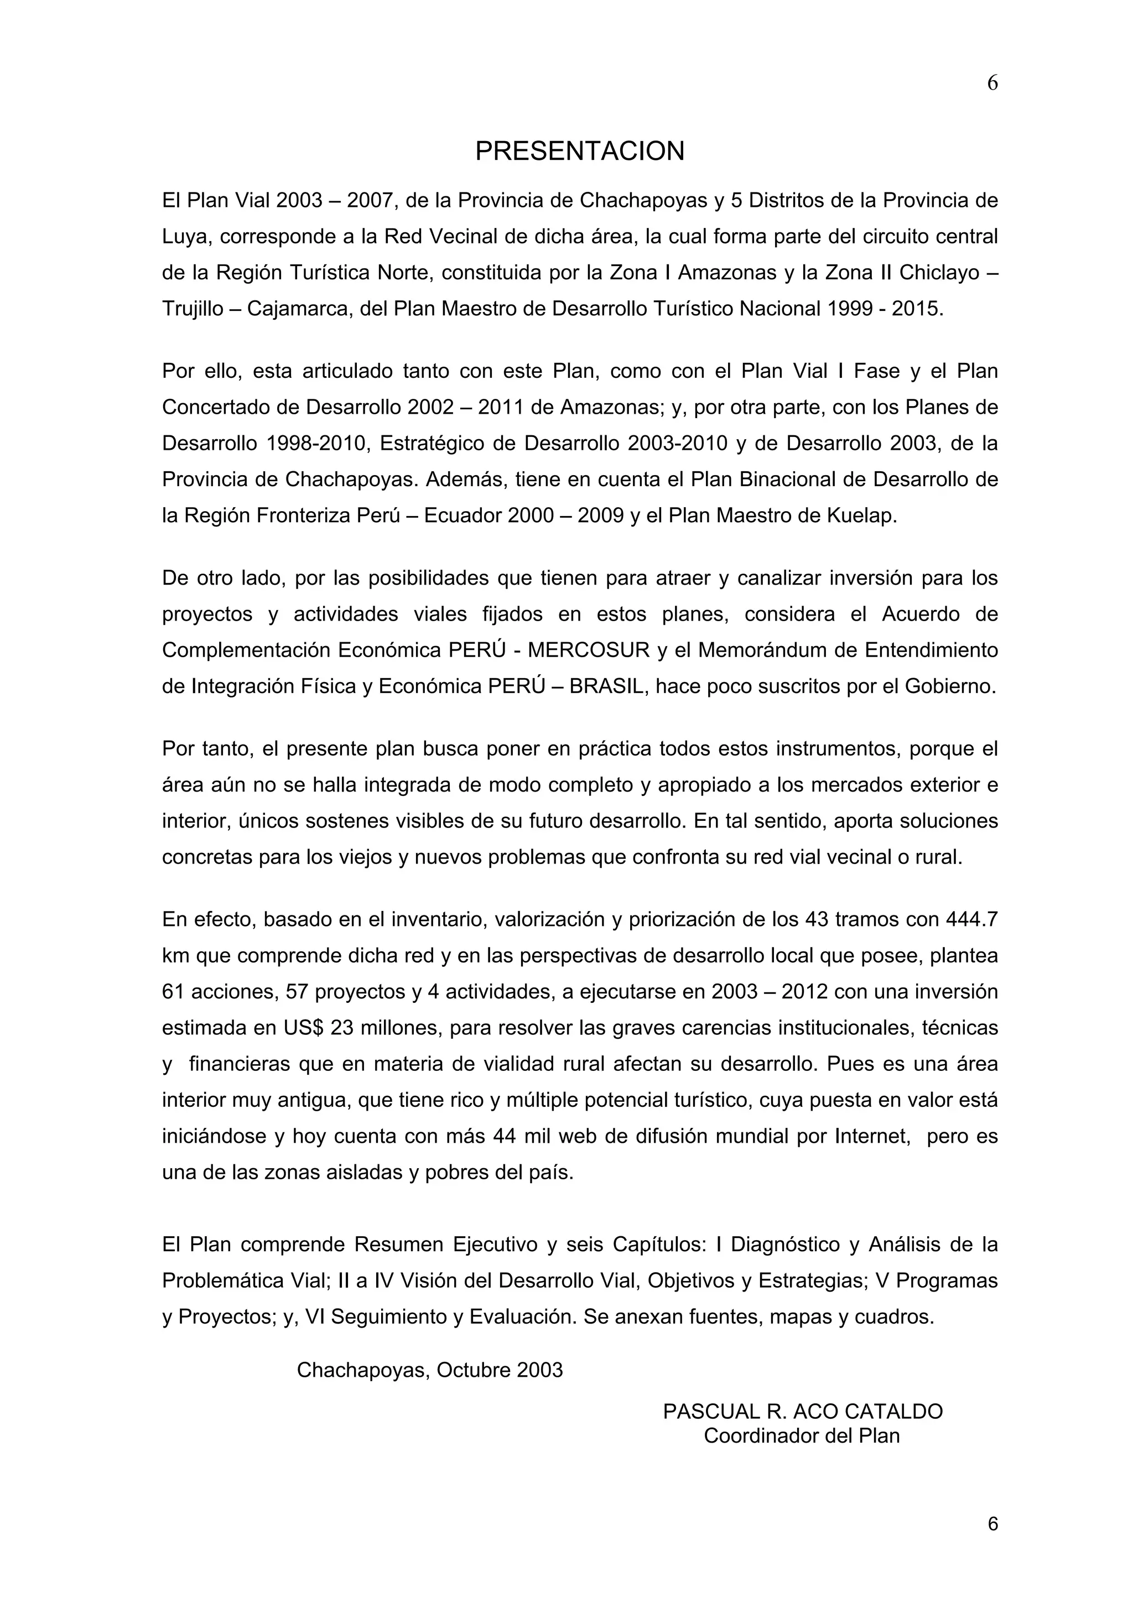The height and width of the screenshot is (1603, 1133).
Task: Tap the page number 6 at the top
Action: tap(992, 83)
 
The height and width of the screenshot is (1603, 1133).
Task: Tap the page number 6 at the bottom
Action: tap(992, 1523)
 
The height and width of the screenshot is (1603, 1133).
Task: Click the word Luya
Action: tap(184, 237)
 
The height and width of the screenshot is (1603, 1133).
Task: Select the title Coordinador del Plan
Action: tap(802, 1435)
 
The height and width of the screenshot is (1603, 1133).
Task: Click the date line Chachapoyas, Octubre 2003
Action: tap(429, 1370)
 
